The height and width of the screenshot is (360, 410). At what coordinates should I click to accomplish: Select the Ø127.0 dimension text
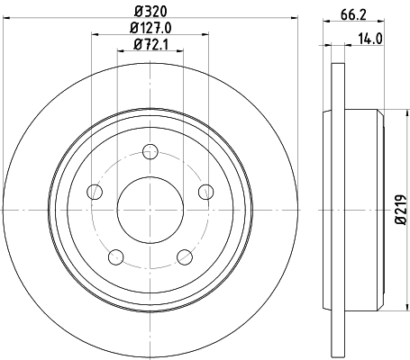pos(151,28)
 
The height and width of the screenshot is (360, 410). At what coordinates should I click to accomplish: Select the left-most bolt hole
pos(94,191)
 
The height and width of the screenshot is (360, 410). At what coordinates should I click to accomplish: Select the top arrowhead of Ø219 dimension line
pos(388,112)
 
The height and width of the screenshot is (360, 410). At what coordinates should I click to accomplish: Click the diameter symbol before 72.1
pos(137,44)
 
